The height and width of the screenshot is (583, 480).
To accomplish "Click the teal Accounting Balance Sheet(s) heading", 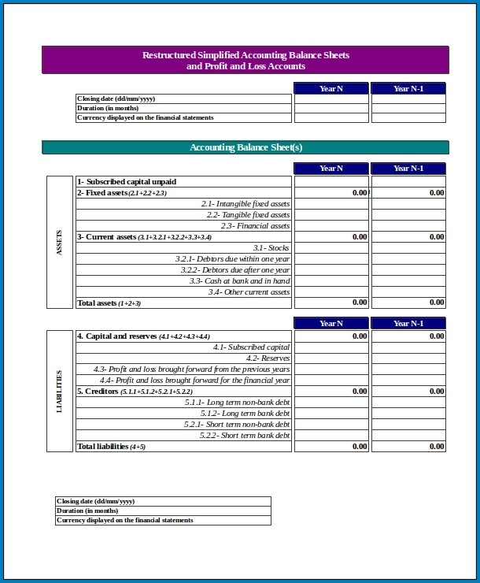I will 246,147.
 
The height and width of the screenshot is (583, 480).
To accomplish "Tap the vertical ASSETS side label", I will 60,242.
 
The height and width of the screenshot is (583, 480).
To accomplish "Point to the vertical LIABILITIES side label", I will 60,392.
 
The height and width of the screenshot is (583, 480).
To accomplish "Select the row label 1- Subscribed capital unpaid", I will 127,182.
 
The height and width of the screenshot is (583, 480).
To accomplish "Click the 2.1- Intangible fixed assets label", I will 245,204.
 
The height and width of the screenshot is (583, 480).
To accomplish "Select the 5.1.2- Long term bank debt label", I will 245,414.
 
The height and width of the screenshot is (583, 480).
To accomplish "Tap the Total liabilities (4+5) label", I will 111,447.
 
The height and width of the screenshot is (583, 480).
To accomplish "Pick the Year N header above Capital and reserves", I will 331,324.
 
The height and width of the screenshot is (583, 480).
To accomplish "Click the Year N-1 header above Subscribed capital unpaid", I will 408,169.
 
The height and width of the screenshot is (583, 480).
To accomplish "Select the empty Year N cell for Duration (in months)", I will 331,108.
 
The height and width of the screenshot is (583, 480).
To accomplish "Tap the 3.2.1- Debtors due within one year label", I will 232,259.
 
